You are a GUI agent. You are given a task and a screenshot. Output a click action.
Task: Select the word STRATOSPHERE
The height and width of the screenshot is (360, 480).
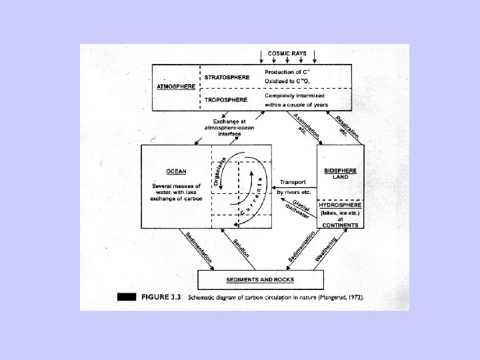click(227, 77)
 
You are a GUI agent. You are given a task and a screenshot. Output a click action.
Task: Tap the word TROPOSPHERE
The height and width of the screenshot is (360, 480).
click(225, 100)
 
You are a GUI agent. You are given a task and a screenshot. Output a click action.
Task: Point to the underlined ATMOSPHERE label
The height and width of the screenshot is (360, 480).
click(176, 87)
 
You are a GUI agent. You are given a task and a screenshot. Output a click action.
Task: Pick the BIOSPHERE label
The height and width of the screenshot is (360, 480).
click(340, 169)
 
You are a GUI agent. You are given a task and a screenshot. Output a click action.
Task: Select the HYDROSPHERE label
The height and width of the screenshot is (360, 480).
click(340, 205)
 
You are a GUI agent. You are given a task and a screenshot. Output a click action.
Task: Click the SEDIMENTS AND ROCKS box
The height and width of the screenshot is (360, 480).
click(261, 279)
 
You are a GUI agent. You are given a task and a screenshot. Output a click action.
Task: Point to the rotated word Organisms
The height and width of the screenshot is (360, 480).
click(218, 171)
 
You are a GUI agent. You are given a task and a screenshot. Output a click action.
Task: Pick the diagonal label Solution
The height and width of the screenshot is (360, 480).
click(241, 249)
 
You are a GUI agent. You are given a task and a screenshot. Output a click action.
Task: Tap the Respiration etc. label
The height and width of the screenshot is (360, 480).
click(347, 126)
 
